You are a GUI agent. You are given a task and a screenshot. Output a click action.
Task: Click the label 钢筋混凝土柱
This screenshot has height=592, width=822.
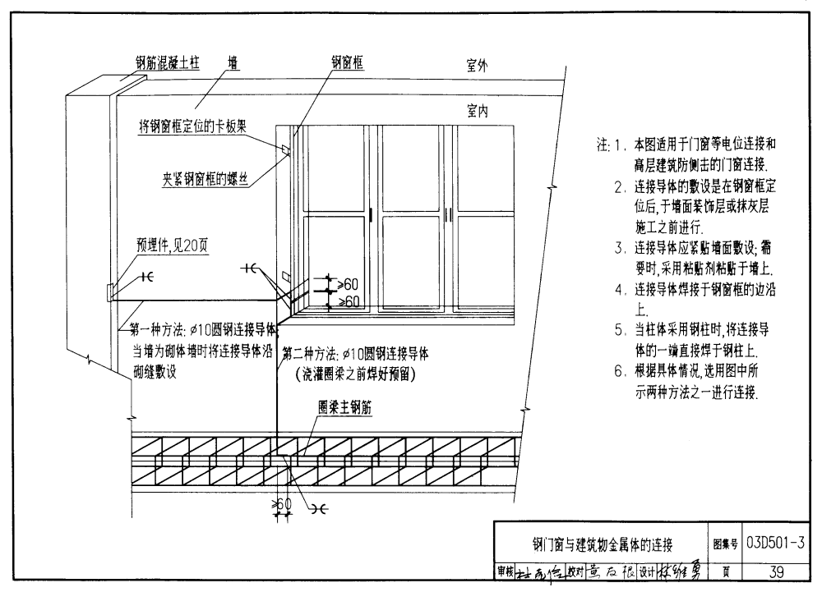[x=168, y=62]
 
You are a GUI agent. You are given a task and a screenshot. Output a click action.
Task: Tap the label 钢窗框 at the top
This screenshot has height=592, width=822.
[x=348, y=61]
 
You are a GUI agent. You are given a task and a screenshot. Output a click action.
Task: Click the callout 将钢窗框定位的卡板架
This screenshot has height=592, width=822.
[x=193, y=126]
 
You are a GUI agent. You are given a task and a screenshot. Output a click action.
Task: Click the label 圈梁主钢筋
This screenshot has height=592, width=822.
[x=345, y=408]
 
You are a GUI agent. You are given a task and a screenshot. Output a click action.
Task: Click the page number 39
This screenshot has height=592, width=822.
[x=775, y=571]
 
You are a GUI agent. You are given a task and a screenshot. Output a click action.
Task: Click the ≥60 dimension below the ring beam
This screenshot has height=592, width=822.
[x=282, y=503]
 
